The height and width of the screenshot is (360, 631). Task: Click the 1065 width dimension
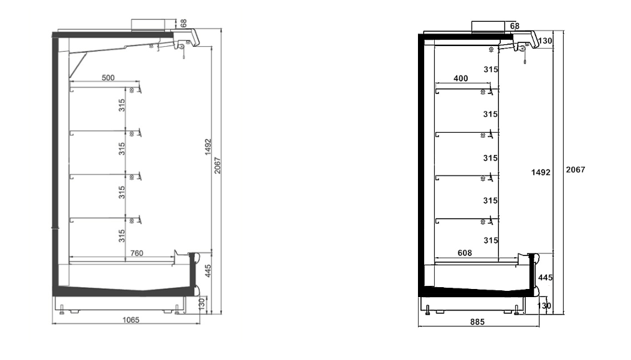[x=131, y=320]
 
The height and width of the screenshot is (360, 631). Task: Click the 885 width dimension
[x=477, y=322]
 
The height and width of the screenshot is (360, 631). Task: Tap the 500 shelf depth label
[x=108, y=78]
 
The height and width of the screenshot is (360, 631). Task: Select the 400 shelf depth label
[x=461, y=78]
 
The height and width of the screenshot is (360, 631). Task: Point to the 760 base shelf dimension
[x=137, y=253]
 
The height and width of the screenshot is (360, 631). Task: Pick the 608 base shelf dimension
[x=465, y=253]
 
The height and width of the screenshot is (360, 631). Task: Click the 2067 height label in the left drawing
[x=217, y=165]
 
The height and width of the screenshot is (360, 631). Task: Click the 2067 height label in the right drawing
[x=576, y=170]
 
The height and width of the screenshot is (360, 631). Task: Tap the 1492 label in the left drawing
[x=207, y=147]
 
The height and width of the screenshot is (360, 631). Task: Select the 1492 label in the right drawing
[x=541, y=173]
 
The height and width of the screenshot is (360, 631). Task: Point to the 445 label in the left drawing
[x=207, y=271]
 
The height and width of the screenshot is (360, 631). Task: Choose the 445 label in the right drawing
[x=545, y=278]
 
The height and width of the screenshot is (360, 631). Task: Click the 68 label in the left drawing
[x=184, y=23]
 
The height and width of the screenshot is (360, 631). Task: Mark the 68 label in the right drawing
[x=515, y=26]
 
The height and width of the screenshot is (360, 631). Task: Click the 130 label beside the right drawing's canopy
[x=545, y=40]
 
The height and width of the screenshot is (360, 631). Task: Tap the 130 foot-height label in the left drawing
[x=202, y=303]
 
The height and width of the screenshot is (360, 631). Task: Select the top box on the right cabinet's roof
[x=489, y=27]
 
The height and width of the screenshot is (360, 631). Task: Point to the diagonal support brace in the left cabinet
[x=78, y=66]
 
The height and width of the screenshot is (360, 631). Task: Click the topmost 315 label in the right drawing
[x=491, y=70]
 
